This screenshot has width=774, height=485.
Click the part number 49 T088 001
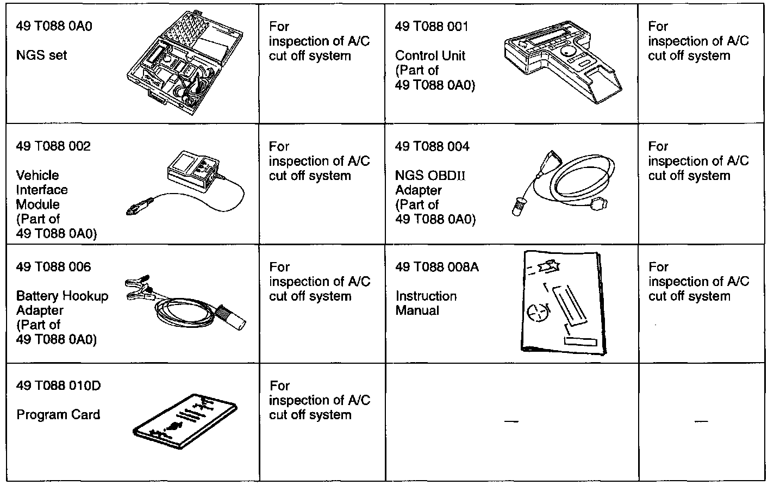pyautogui.click(x=432, y=26)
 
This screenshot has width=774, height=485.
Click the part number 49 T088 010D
pyautogui.click(x=59, y=386)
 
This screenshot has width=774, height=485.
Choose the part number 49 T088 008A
pyautogui.click(x=437, y=267)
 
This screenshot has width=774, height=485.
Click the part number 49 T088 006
pyautogui.click(x=54, y=267)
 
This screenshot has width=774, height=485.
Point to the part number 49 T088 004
pyautogui.click(x=433, y=146)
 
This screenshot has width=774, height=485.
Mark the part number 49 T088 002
pyautogui.click(x=54, y=146)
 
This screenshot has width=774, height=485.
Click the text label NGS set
pyautogui.click(x=42, y=55)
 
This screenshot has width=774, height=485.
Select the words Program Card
pyautogui.click(x=58, y=415)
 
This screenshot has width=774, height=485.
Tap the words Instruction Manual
pyautogui.click(x=426, y=303)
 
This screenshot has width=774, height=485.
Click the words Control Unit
pyautogui.click(x=430, y=55)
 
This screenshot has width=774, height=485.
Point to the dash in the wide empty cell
pyautogui.click(x=511, y=421)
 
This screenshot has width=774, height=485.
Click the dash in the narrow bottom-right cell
pyautogui.click(x=701, y=421)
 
